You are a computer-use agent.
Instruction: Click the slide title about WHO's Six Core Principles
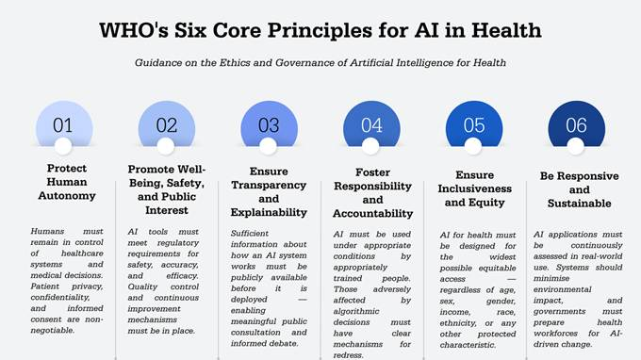[x=320, y=30]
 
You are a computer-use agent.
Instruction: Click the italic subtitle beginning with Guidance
[x=320, y=63]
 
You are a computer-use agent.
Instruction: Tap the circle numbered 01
[x=63, y=124]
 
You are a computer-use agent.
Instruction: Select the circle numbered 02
[x=166, y=124]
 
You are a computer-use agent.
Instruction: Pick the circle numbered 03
[x=269, y=124]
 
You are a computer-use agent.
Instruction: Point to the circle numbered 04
[x=371, y=124]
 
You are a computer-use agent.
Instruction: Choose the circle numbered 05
[x=473, y=124]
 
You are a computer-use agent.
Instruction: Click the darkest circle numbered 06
[x=576, y=124]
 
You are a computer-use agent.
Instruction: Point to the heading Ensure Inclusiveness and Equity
[x=473, y=188]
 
